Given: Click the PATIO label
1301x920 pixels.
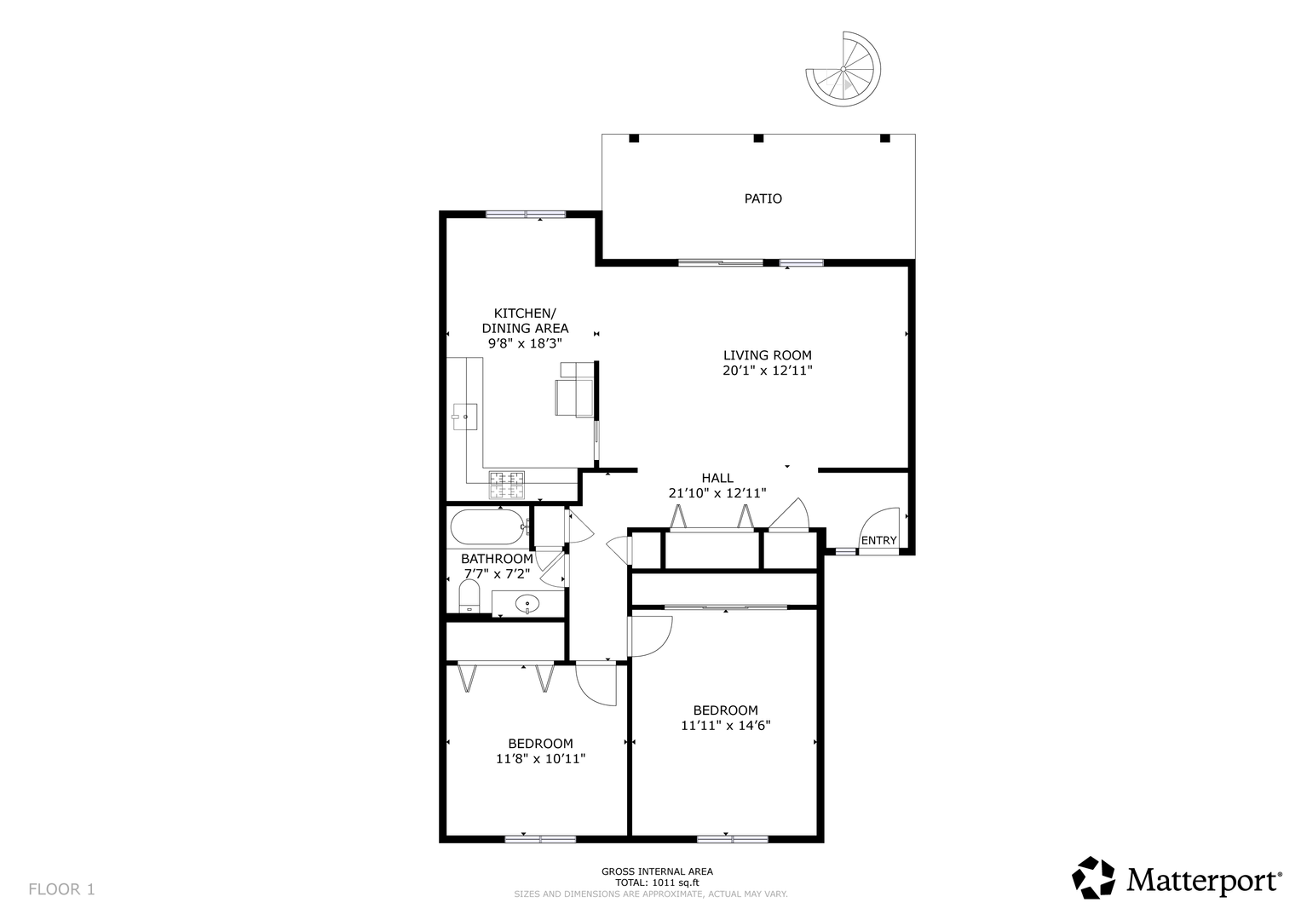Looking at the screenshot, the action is coord(763,198).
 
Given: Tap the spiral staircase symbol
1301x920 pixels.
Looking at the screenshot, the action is coord(843,69).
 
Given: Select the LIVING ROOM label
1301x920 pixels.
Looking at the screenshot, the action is coord(768,355).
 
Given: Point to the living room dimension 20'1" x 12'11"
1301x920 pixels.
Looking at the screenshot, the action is coord(768,371).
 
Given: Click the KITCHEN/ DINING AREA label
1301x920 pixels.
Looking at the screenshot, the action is coord(525,320).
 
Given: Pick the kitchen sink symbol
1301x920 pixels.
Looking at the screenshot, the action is coord(464,417).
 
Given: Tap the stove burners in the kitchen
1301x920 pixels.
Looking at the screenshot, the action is coord(506,485).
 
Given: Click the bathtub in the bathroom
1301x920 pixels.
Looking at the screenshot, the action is coord(487,526).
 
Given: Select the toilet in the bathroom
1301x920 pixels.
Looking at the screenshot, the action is coord(469,596).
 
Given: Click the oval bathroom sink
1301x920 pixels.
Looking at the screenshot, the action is coord(527,604).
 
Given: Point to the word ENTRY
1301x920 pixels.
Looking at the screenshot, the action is coord(878,541).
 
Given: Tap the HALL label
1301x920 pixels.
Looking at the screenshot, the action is coord(717,478).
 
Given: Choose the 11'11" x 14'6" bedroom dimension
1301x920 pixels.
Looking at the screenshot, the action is coord(725,726).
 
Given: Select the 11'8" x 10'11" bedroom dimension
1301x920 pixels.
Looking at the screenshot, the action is coord(541,758).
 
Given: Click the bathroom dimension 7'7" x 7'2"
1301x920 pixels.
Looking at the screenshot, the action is coord(498,574).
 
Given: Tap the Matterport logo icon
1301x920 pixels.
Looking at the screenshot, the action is coord(1094,877).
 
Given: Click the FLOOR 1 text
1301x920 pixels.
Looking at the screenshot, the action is coord(61,889).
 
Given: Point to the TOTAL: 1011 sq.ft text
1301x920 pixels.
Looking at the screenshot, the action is coord(657,883).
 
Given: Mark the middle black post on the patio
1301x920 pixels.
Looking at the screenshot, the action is coord(758,138).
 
